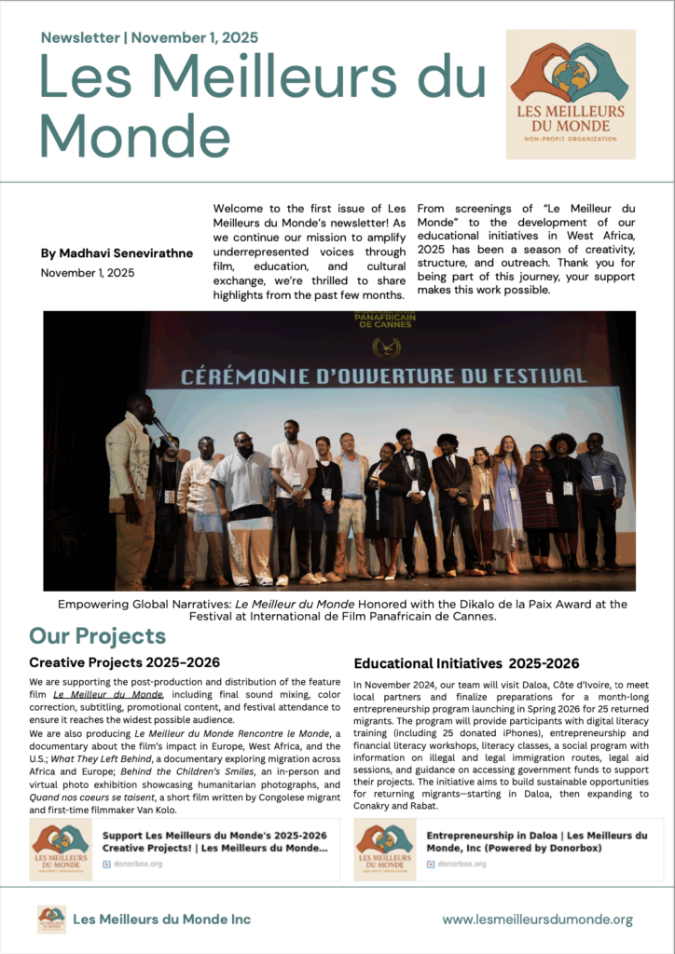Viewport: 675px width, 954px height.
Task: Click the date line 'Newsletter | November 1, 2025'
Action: [149, 37]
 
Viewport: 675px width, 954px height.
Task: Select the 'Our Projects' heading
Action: [97, 636]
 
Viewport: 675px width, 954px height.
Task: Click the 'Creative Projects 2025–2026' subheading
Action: [124, 662]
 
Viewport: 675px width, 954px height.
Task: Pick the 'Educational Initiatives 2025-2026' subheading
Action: [466, 663]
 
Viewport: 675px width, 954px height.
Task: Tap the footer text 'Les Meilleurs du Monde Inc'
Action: [161, 920]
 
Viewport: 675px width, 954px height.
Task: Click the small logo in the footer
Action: [51, 920]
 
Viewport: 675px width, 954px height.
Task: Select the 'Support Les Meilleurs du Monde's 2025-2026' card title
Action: [214, 841]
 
